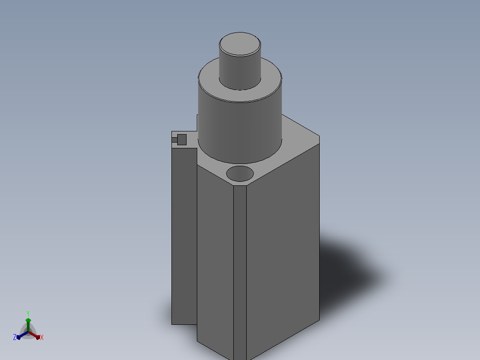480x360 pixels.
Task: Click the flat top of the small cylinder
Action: click(240, 44)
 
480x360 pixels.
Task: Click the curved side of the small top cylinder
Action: click(240, 73)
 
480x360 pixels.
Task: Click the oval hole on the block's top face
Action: click(240, 174)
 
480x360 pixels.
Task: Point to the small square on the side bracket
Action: click(182, 140)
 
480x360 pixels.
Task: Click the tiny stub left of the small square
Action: click(175, 140)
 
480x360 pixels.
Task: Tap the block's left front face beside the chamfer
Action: click(215, 258)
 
